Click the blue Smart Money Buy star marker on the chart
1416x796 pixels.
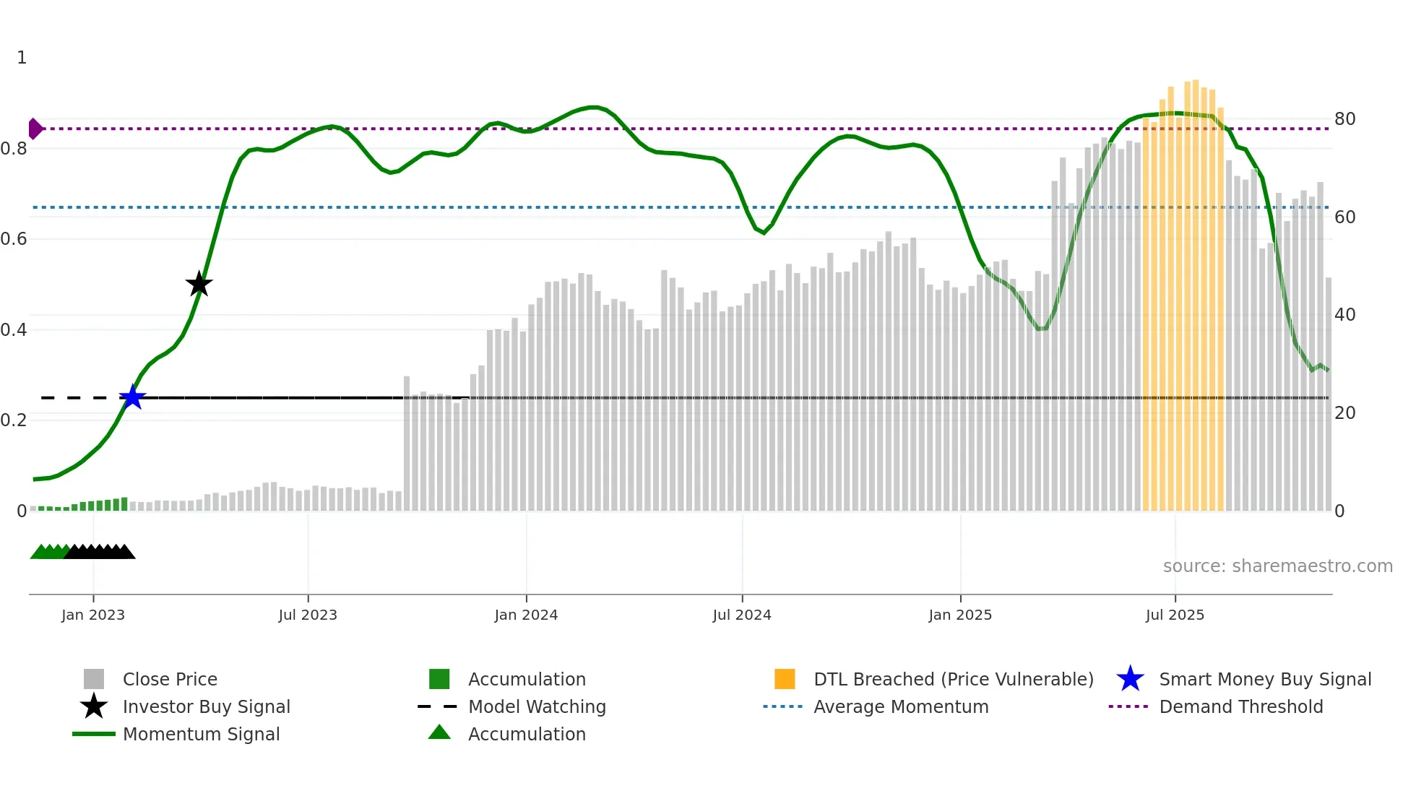[132, 397]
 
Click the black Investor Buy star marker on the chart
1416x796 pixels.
[199, 284]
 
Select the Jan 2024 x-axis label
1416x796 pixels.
[526, 615]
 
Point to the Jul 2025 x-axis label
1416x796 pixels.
[1175, 615]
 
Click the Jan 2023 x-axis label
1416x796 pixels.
[93, 615]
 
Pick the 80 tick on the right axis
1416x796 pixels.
[1344, 119]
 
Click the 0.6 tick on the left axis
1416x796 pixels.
[14, 239]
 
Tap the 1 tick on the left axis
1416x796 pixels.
[22, 58]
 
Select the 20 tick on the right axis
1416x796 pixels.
[1344, 413]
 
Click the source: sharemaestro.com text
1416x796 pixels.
[1277, 566]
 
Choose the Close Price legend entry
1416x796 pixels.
[170, 679]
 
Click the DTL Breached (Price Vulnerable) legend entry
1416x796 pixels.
[953, 679]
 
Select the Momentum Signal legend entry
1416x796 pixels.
[201, 734]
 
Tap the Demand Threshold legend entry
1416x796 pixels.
[1240, 706]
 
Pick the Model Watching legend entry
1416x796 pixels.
[537, 706]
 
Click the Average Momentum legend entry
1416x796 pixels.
[900, 706]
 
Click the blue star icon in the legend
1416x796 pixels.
[1130, 679]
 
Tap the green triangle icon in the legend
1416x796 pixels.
[439, 732]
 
